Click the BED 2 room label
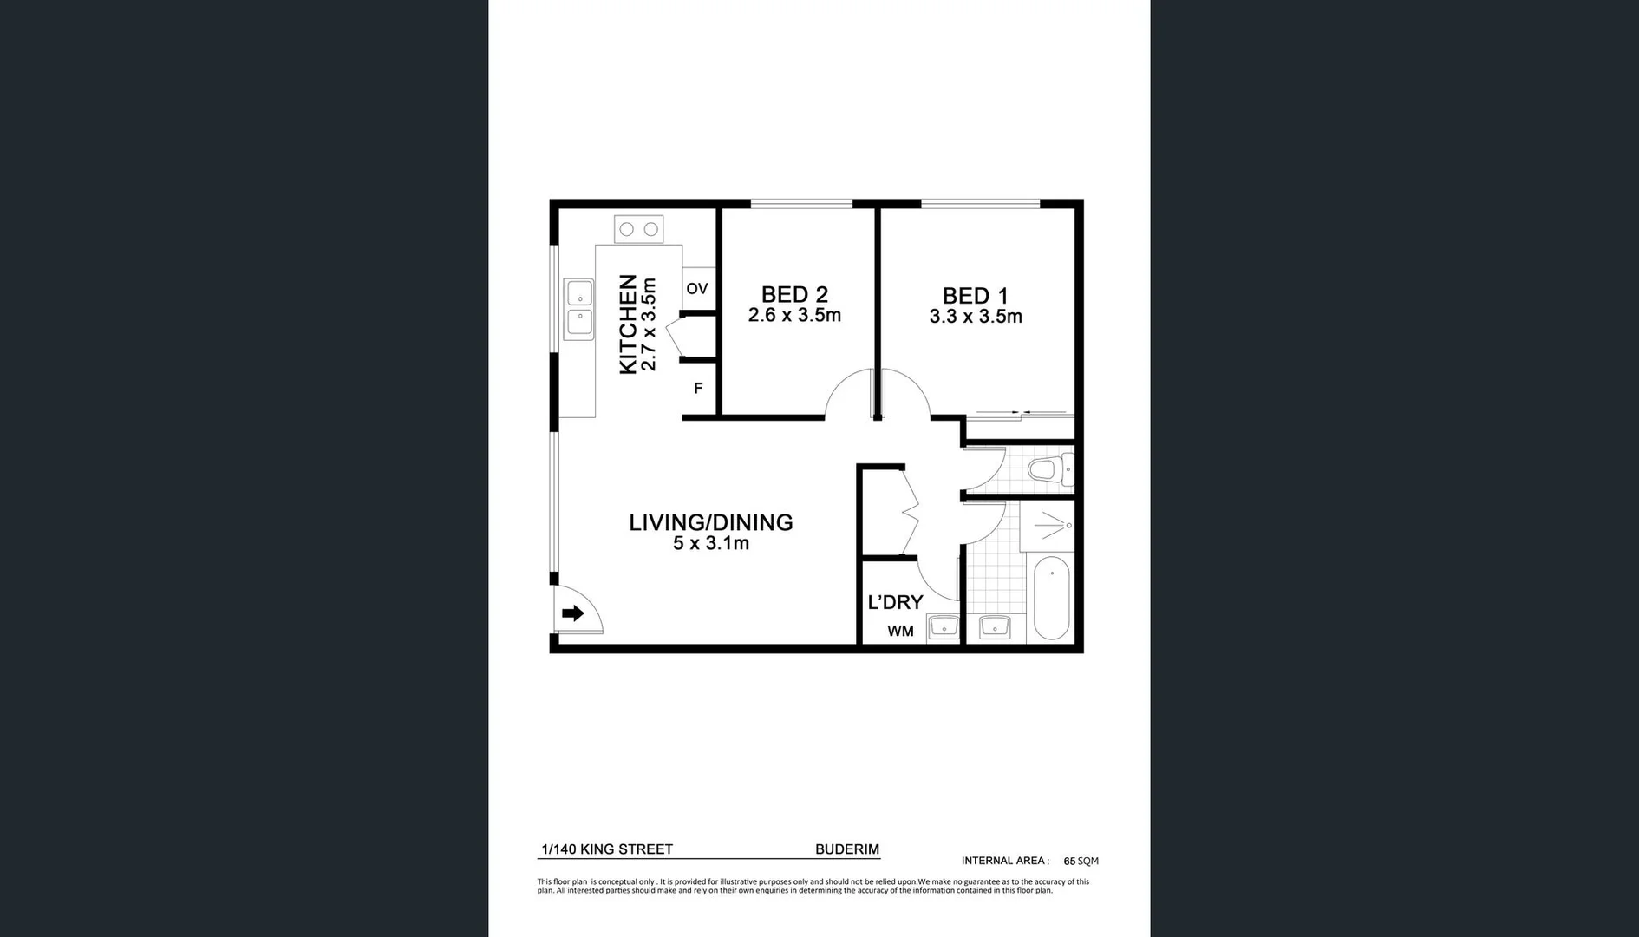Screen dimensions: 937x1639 click(794, 295)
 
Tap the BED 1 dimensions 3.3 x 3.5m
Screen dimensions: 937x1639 click(976, 318)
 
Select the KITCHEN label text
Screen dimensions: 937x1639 click(628, 324)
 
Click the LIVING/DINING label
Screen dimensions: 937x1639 click(710, 522)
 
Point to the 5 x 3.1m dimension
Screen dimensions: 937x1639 click(710, 544)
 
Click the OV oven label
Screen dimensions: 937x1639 click(697, 289)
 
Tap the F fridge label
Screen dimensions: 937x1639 click(698, 389)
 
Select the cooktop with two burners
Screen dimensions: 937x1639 click(639, 230)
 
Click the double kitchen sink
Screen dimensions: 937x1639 click(579, 310)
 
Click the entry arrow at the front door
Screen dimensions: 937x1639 click(572, 613)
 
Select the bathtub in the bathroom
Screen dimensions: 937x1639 click(1051, 598)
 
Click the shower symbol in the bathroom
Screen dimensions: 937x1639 click(1048, 525)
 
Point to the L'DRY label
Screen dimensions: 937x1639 click(895, 602)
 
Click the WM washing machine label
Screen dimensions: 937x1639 click(900, 632)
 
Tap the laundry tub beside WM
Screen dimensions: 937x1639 click(943, 626)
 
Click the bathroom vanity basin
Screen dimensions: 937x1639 click(996, 626)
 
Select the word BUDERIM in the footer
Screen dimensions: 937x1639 click(847, 849)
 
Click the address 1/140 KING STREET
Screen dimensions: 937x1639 click(607, 849)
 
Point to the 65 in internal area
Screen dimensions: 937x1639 click(1069, 862)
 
